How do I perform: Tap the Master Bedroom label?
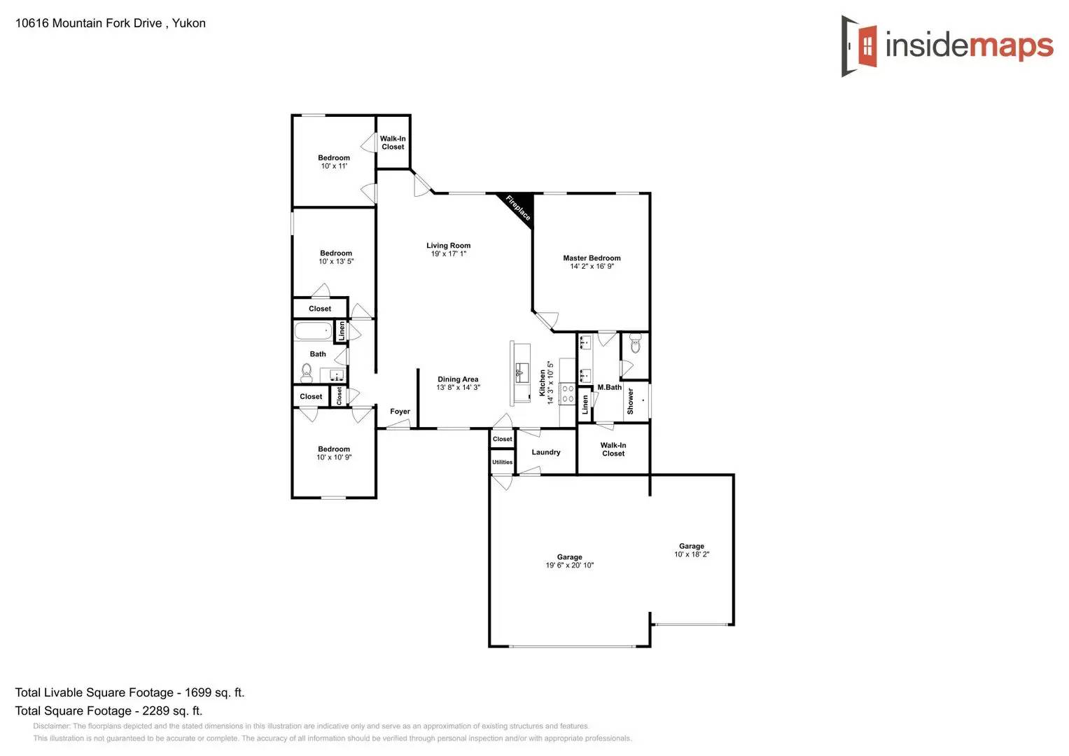point(592,258)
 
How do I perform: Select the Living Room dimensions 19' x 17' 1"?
point(448,254)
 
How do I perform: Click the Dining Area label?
point(458,379)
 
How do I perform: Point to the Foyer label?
point(400,412)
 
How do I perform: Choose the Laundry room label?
point(546,452)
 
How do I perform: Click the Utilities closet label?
point(502,462)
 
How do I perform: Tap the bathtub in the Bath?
point(312,330)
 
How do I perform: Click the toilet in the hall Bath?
point(307,372)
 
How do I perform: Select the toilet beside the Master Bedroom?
point(635,343)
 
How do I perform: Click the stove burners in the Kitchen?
point(568,393)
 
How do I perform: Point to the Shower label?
point(630,401)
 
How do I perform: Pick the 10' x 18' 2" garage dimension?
point(692,554)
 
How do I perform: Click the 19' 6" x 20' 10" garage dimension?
point(569,566)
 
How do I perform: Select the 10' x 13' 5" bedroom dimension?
point(336,262)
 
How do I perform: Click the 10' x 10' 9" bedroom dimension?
point(334,458)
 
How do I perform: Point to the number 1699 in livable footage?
point(198,693)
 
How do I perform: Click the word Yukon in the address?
point(189,23)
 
